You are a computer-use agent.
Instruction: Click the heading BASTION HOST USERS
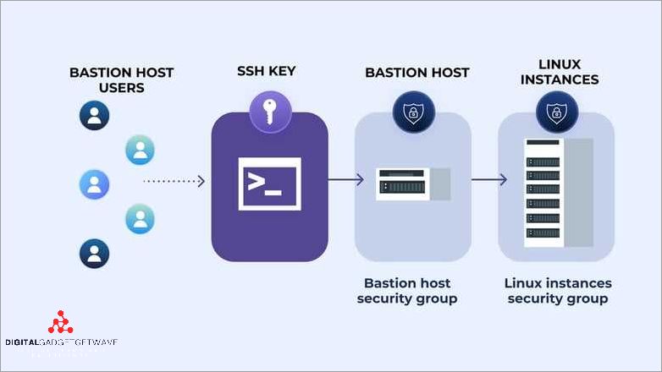tap(121, 80)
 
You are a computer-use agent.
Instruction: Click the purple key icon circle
tap(270, 112)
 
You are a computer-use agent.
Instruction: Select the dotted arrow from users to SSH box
tap(174, 181)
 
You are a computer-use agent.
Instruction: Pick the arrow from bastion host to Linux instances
tap(489, 180)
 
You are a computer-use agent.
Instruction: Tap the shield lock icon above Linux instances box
tap(556, 112)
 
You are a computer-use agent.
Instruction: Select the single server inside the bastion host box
tap(405, 183)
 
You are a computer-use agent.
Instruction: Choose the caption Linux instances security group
tap(557, 291)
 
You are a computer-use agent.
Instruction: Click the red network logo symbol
tap(60, 325)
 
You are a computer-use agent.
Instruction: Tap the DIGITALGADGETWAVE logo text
tap(61, 342)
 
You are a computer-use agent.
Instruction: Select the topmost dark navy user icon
tap(95, 115)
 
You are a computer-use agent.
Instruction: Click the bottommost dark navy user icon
tap(95, 252)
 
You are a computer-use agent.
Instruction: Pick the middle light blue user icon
tap(95, 183)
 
